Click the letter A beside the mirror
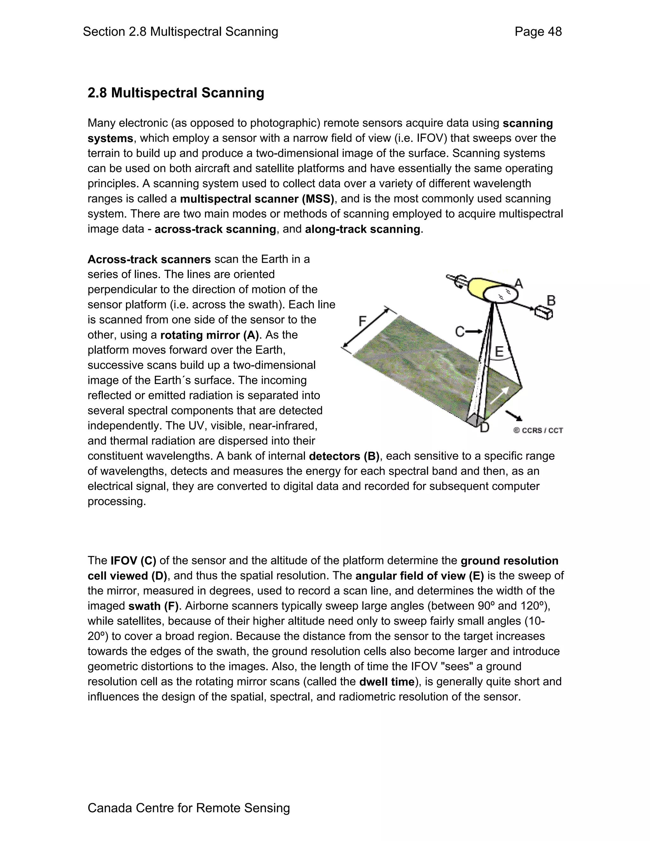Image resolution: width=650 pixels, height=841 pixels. pyautogui.click(x=518, y=284)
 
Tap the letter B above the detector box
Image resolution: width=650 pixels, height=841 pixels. pyautogui.click(x=551, y=300)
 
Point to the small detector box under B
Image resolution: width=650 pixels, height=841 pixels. pyautogui.click(x=543, y=312)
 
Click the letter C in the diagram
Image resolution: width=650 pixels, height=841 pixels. pyautogui.click(x=460, y=332)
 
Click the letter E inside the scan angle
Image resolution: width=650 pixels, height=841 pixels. pyautogui.click(x=499, y=351)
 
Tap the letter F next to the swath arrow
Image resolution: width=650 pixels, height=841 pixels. pyautogui.click(x=362, y=321)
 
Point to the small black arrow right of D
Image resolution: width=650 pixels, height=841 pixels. pyautogui.click(x=514, y=415)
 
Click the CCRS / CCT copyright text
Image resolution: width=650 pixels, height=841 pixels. pyautogui.click(x=538, y=430)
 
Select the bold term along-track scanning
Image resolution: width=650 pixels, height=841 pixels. pyautogui.click(x=362, y=229)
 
